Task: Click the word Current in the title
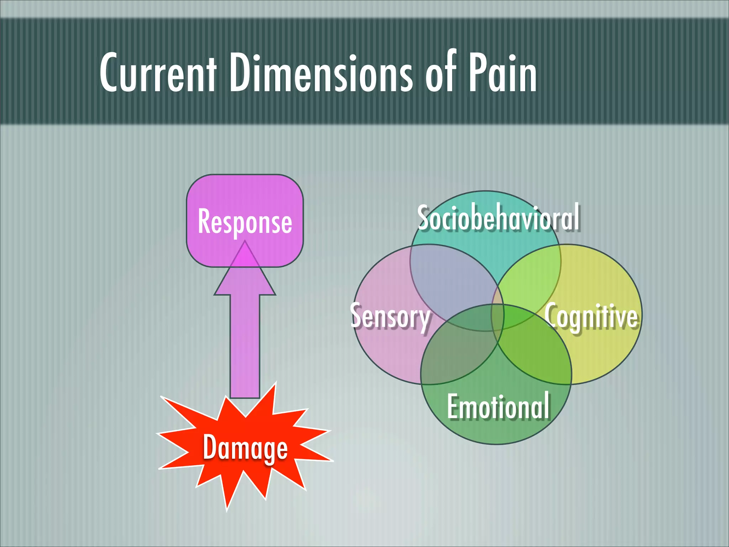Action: (x=158, y=73)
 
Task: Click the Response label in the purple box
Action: (x=245, y=222)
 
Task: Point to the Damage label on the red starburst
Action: (x=245, y=448)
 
